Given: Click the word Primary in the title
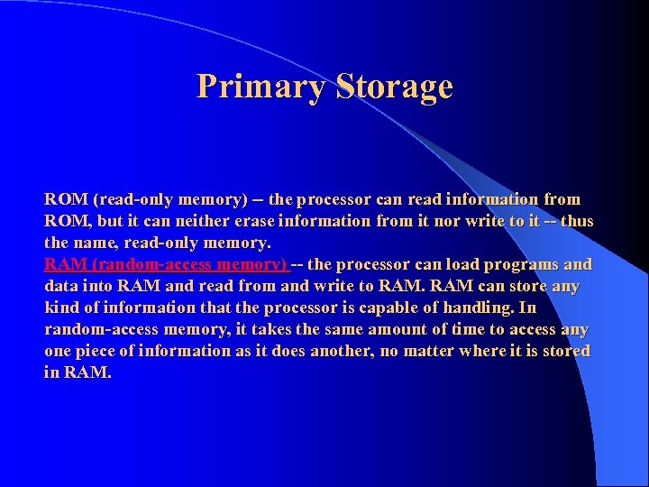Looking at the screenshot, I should [x=261, y=87].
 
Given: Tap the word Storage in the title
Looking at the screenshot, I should [x=393, y=87].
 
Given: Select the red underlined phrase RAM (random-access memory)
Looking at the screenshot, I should [x=165, y=264].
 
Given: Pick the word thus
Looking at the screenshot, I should [x=576, y=221].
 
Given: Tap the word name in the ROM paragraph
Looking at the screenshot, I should [x=98, y=243].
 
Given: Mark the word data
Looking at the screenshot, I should [x=60, y=286].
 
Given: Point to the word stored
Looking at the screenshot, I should [x=563, y=351].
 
